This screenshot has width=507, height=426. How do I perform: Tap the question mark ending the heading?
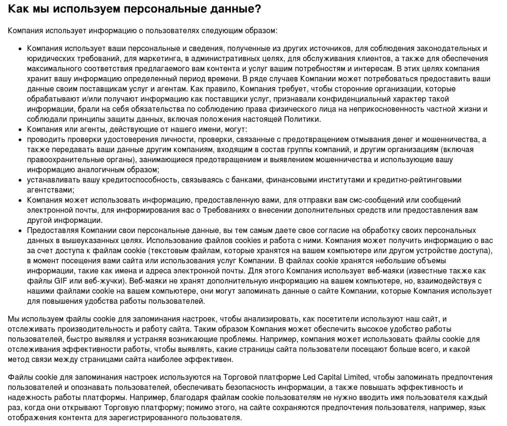[x=258, y=9]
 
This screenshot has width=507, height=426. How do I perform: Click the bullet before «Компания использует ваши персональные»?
[x=20, y=49]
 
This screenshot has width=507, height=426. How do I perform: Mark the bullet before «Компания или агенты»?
[x=20, y=129]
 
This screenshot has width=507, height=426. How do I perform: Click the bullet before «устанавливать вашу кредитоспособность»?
[x=20, y=180]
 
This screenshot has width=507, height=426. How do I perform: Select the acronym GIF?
[x=56, y=281]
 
